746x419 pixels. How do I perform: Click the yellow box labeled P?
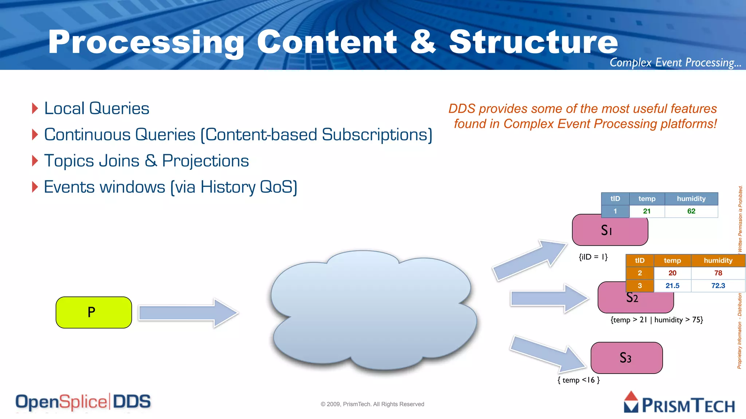[x=94, y=312]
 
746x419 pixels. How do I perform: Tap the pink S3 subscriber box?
[x=627, y=358]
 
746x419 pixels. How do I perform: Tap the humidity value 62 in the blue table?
[x=691, y=211]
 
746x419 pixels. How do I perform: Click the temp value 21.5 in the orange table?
[x=672, y=286]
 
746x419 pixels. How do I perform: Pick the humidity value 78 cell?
[x=718, y=273]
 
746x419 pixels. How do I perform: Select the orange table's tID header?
[x=640, y=260]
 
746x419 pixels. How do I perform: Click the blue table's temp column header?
[x=647, y=199]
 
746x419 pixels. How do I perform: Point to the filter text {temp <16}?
[x=578, y=380]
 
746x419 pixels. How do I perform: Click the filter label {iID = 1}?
[x=593, y=257]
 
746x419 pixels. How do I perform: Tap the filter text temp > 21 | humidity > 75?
[x=657, y=320]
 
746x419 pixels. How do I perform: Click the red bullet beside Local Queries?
[x=35, y=108]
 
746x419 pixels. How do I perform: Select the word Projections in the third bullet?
[x=205, y=161]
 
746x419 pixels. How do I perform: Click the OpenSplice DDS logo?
[x=83, y=402]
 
